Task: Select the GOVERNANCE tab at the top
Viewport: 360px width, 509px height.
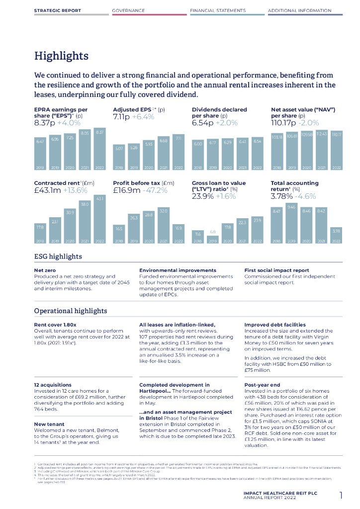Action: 128,10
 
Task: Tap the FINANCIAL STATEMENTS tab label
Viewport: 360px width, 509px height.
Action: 218,10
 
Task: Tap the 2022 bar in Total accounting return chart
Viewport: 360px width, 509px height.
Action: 336,235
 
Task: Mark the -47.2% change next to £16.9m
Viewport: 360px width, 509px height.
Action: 155,190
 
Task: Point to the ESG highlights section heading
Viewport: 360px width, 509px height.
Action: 58,256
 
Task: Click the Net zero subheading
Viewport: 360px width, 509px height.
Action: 44,270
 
